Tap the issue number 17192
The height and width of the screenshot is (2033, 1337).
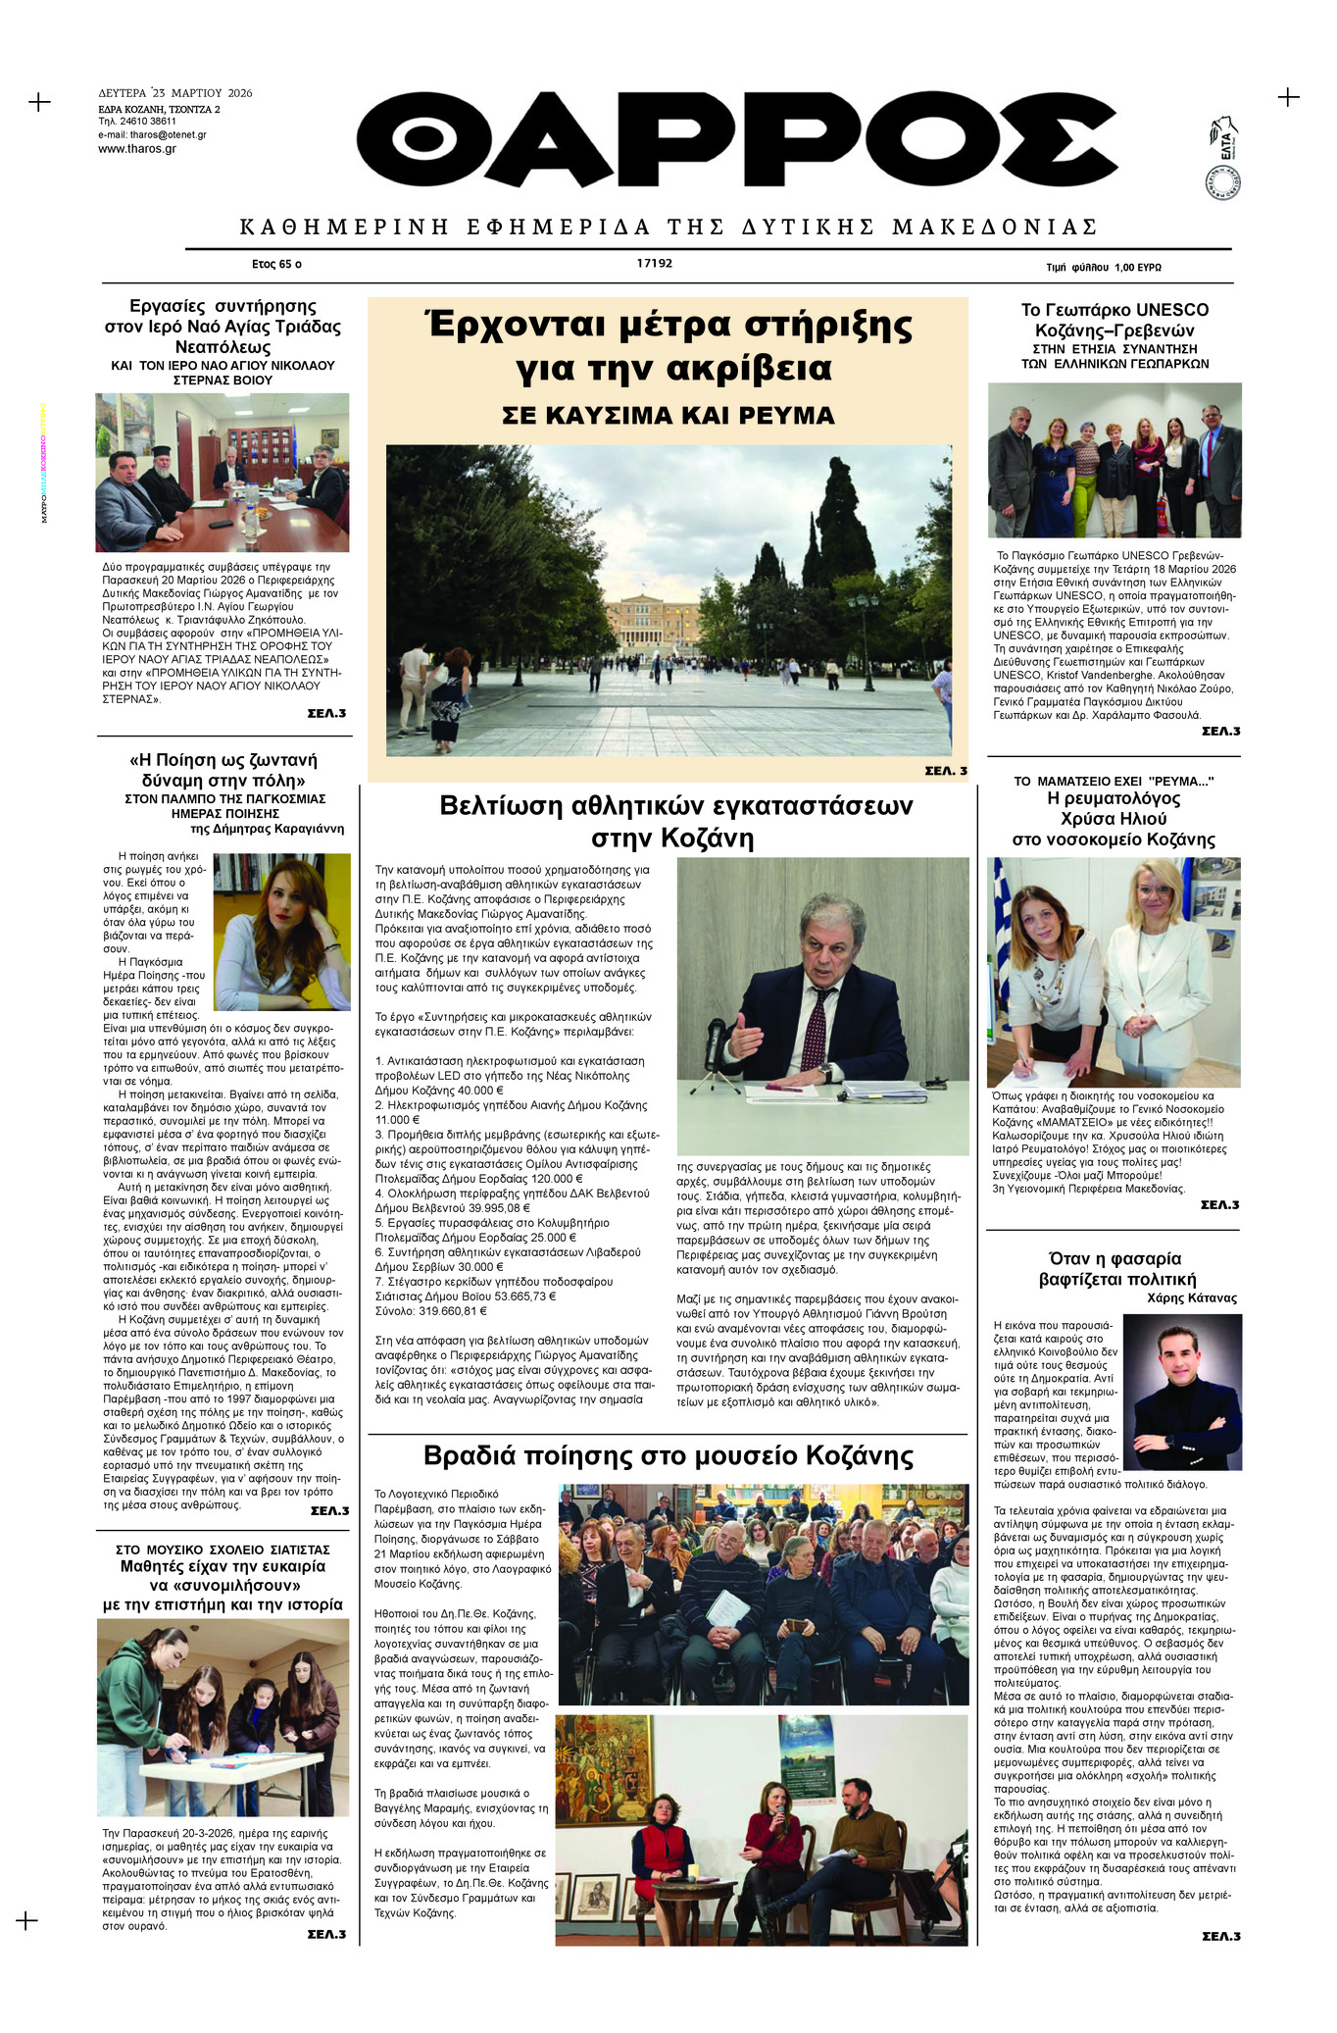pyautogui.click(x=654, y=264)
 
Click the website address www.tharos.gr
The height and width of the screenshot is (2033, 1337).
pyautogui.click(x=137, y=149)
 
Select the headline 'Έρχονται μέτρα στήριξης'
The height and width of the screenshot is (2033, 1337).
pyautogui.click(x=669, y=325)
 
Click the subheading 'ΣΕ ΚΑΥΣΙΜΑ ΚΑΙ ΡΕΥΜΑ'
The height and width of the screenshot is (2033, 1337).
pyautogui.click(x=668, y=416)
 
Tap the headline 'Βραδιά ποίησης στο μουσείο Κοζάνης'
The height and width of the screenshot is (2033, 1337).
pyautogui.click(x=668, y=1455)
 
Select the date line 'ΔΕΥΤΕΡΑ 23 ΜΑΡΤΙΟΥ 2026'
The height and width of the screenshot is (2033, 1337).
pyautogui.click(x=175, y=93)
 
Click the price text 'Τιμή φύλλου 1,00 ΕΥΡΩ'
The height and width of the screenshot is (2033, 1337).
pyautogui.click(x=1103, y=267)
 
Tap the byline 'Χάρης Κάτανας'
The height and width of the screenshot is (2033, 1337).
pyautogui.click(x=1191, y=1298)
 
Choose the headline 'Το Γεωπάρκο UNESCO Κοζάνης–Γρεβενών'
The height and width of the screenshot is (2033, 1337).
pyautogui.click(x=1114, y=320)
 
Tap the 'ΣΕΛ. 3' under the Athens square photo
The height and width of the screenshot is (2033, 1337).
pyautogui.click(x=945, y=771)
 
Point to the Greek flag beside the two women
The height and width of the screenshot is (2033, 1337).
pyautogui.click(x=999, y=912)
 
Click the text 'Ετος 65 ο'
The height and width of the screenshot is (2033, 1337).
pyautogui.click(x=276, y=265)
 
